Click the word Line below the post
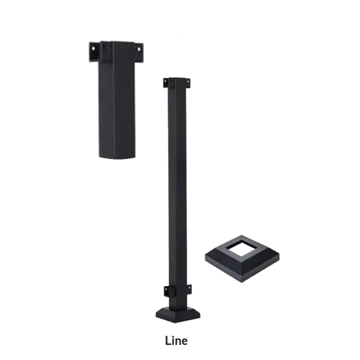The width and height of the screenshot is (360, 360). tap(177, 340)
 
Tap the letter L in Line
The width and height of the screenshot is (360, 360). tap(170, 340)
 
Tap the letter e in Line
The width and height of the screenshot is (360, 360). tap(185, 341)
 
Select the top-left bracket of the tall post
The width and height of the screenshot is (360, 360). tap(164, 84)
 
